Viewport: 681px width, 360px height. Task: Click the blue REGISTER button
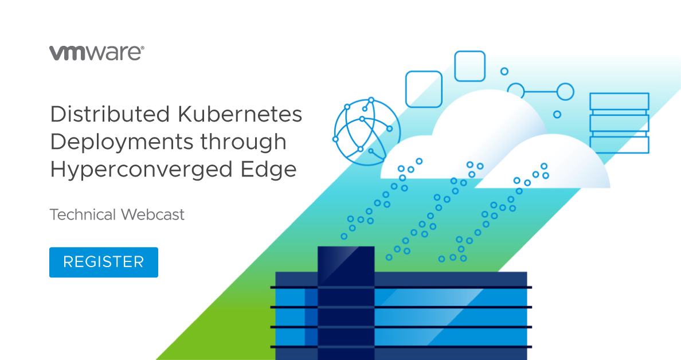(x=103, y=262)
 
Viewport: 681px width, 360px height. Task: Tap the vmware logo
(x=96, y=53)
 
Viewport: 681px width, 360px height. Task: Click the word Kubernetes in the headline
(x=240, y=114)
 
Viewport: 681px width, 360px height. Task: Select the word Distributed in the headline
(x=110, y=114)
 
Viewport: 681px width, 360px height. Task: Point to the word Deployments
(x=121, y=143)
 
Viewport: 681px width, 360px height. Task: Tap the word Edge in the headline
(x=268, y=169)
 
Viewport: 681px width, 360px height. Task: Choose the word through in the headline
(x=243, y=143)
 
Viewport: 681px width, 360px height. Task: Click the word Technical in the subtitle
(x=83, y=214)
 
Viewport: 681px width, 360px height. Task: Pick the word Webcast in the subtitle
(x=152, y=214)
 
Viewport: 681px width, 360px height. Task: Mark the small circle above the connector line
(x=504, y=71)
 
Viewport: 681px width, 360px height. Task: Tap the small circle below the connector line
(x=557, y=114)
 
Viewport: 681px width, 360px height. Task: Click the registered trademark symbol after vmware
(x=143, y=48)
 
